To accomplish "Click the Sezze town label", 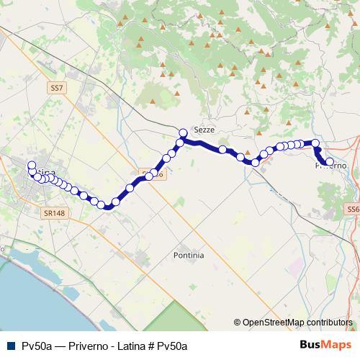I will pos(204,129).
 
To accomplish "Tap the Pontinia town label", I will pos(189,255).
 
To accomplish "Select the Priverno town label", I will pos(331,166).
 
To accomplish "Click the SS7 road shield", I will pos(57,88).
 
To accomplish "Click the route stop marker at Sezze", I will pos(183,132).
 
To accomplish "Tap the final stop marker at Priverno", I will pos(330,162).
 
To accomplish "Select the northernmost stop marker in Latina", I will pos(31,166).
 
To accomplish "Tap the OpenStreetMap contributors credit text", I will pos(297,323).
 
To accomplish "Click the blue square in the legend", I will pos(11,346).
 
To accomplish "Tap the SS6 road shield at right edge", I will pos(352,209).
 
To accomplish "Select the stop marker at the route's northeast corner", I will pos(315,143).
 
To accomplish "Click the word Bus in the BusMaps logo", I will pos(312,345).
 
